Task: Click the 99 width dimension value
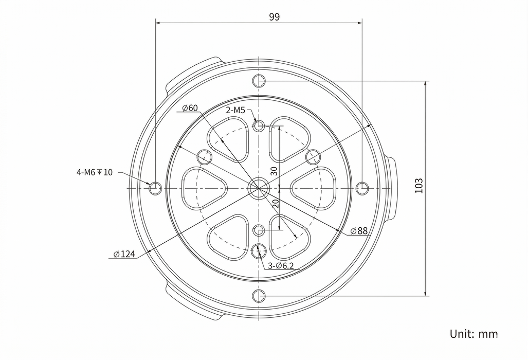274,17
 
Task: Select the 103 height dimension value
419,186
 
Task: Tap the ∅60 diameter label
190,108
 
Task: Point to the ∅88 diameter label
359,231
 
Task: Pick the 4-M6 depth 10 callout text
95,172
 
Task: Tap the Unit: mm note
473,334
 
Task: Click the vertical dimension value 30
274,171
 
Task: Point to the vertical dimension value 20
275,203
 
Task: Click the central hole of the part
259,188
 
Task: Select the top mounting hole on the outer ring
259,81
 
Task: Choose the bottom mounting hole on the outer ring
259,296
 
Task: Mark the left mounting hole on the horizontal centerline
155,188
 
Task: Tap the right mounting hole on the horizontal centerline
362,188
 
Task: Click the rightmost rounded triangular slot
313,189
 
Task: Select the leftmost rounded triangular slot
204,189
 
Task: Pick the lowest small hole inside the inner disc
259,251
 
